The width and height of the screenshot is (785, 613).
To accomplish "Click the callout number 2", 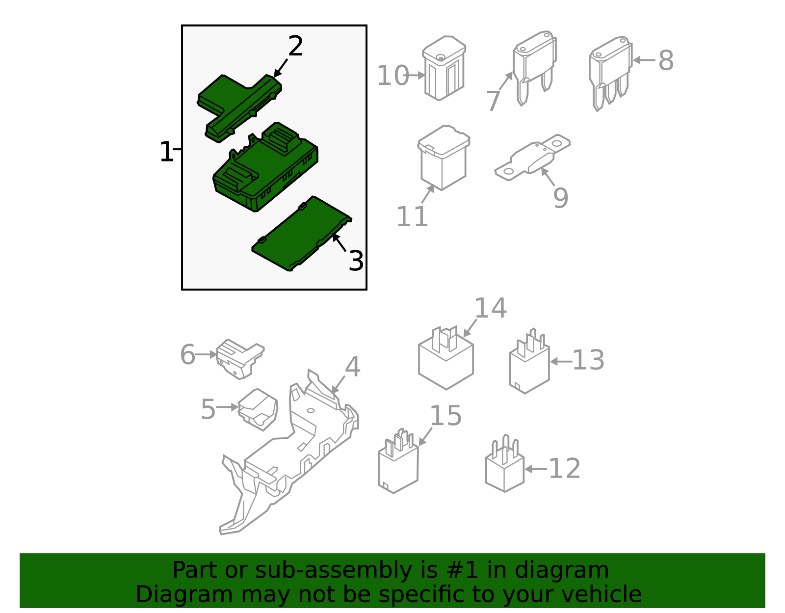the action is [x=295, y=46].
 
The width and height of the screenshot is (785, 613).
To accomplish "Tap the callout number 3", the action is [x=356, y=261].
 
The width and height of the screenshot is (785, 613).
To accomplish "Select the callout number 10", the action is [x=392, y=76].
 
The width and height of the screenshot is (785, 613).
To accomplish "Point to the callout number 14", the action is [x=491, y=308].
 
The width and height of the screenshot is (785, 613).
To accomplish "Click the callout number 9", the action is [x=561, y=198].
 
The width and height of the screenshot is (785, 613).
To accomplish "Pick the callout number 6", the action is [x=187, y=354].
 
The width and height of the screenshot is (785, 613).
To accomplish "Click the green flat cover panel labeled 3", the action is [x=302, y=233].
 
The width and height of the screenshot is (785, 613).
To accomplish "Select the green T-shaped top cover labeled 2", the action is [x=239, y=108].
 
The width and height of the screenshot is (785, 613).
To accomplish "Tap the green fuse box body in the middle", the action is [x=265, y=167].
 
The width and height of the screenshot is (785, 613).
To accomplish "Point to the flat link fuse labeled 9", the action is [x=532, y=158].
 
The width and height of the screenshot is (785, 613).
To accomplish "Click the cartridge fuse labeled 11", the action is [x=444, y=158].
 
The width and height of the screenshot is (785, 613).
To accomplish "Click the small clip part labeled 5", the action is [x=258, y=410].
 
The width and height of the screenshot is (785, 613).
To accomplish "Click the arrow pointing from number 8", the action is [x=644, y=60].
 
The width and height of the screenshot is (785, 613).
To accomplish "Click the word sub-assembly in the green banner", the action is [x=334, y=571].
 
